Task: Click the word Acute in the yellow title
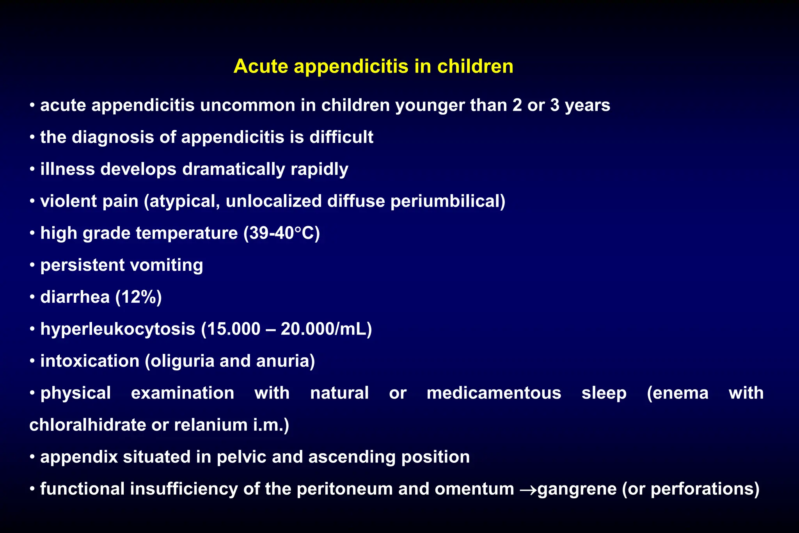tap(261, 66)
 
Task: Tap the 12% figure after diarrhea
tap(138, 297)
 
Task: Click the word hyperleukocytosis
tap(117, 329)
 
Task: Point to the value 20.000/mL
tap(326, 329)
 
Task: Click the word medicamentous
tap(494, 393)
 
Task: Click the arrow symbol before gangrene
tap(528, 489)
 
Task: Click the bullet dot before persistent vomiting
tap(33, 265)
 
